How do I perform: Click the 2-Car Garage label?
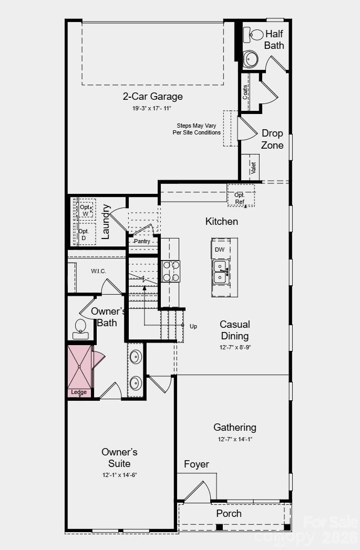click(152, 97)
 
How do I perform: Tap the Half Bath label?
click(274, 40)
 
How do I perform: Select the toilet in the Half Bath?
click(254, 35)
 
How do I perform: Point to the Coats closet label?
click(245, 92)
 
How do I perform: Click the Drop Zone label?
click(272, 139)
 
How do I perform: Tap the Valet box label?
click(253, 168)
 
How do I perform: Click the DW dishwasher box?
click(220, 249)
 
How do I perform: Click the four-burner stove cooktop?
click(171, 271)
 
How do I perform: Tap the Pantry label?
click(141, 241)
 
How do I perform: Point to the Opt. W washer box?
click(86, 210)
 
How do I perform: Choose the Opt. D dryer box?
click(84, 234)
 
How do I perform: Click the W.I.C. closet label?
click(98, 271)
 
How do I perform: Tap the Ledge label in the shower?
click(79, 392)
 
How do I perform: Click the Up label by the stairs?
click(193, 326)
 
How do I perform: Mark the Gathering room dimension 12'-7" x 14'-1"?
click(234, 439)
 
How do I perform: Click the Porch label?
click(229, 513)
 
